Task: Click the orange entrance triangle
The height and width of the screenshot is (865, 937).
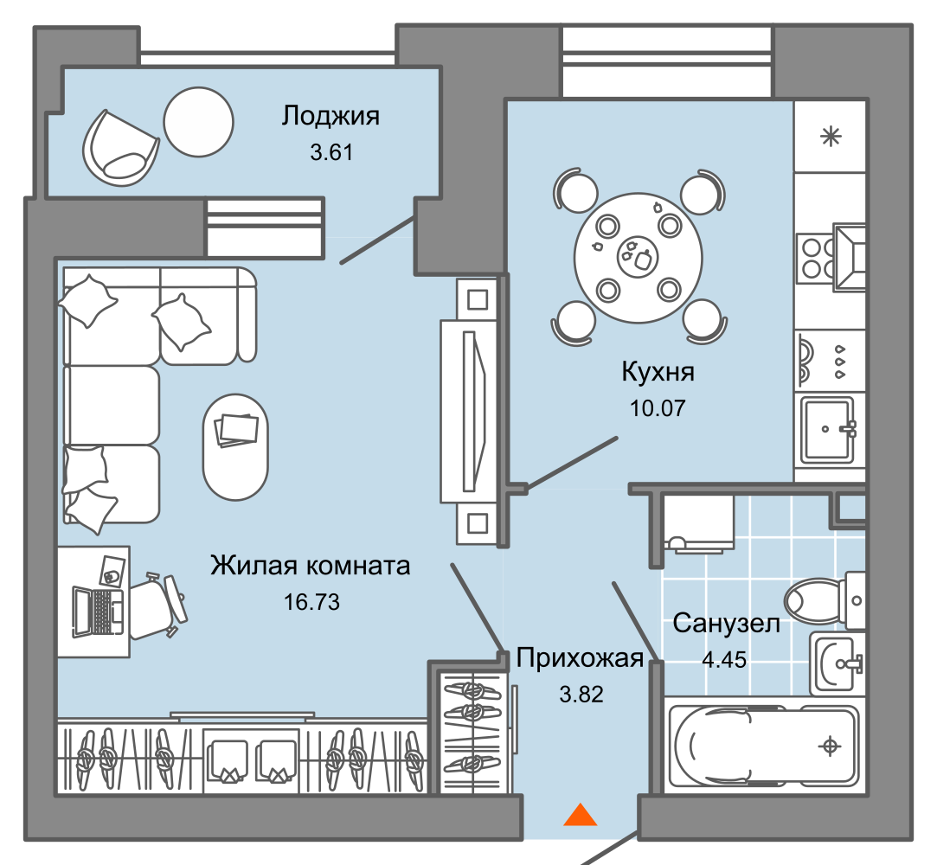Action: coord(580,815)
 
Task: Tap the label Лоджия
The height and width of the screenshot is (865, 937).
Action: coord(331,115)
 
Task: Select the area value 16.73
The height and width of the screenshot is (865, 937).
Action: coord(311,602)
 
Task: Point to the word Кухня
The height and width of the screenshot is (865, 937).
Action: coord(658,373)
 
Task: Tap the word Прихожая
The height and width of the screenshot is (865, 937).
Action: coord(580,658)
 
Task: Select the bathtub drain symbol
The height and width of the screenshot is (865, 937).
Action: coord(830,746)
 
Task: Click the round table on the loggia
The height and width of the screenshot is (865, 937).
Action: coord(199,122)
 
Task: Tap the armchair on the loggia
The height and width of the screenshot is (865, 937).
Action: coord(121,147)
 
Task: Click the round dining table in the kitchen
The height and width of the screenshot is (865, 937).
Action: coord(638,257)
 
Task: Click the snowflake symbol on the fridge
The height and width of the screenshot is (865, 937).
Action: coord(831,136)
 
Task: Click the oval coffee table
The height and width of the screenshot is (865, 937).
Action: coord(236,446)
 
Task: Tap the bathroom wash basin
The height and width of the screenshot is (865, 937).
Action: coord(837,663)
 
